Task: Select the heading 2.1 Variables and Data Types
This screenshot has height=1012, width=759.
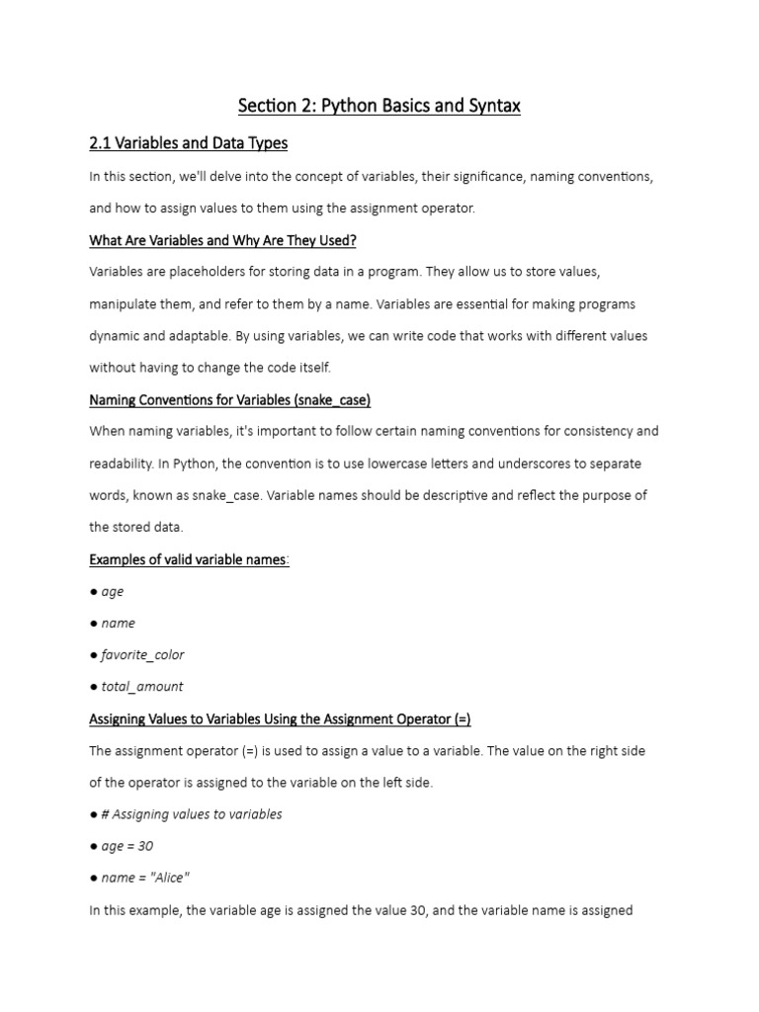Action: pos(188,143)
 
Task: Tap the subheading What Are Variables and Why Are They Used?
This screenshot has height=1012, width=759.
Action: pos(222,239)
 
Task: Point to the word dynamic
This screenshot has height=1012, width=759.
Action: pos(117,336)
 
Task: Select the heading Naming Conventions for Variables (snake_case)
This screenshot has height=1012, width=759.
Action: pos(229,399)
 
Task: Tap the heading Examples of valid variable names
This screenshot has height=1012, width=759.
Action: pos(189,559)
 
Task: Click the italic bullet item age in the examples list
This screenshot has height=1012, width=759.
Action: pos(113,591)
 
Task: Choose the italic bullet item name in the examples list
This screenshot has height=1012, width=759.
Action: pos(119,623)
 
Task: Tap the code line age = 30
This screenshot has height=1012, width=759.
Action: pos(127,846)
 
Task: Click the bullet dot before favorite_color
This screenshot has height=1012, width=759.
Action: pos(93,654)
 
